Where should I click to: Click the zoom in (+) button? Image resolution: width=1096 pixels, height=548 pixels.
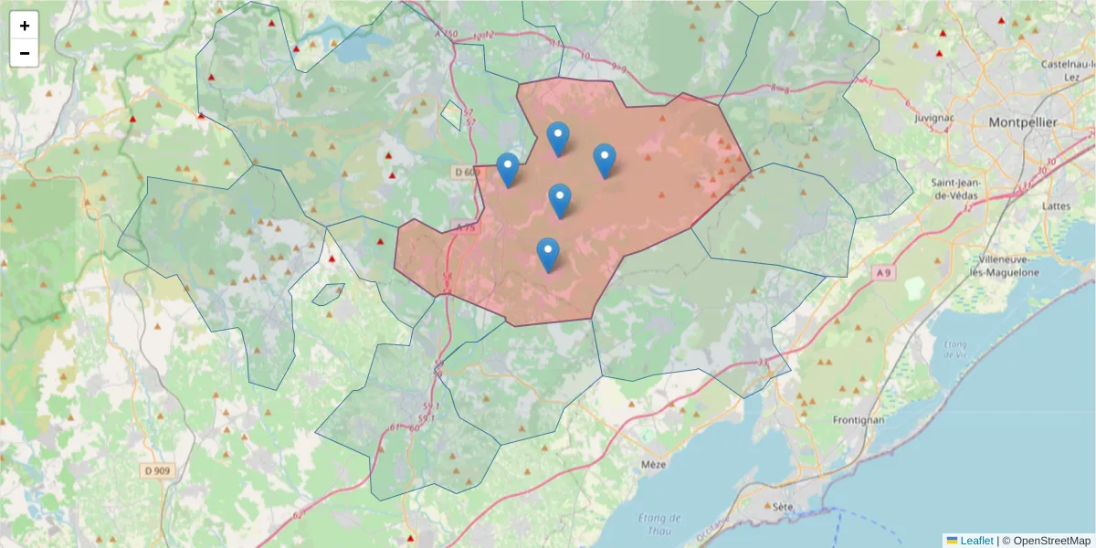point(25,26)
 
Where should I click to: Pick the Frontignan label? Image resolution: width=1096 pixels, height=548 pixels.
point(859,419)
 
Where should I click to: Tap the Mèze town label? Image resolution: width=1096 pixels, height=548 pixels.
point(654,464)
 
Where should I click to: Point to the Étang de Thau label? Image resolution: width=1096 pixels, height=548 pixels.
point(655,523)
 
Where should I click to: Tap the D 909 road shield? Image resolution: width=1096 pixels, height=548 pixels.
point(156,470)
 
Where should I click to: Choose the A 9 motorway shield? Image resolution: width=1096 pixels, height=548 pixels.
point(882,272)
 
